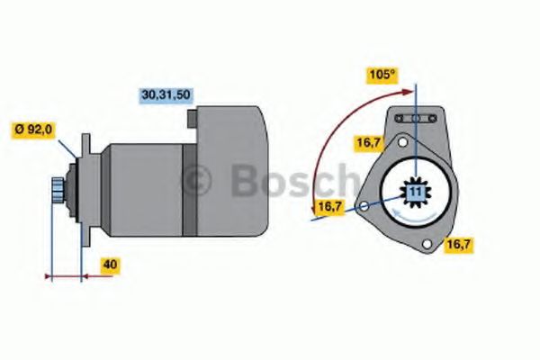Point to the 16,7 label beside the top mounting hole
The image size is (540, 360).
(368, 141)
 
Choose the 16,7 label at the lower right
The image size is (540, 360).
(458, 243)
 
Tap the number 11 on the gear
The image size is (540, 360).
(415, 193)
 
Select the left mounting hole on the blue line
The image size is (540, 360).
(363, 207)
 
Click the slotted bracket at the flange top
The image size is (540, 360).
(415, 118)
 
